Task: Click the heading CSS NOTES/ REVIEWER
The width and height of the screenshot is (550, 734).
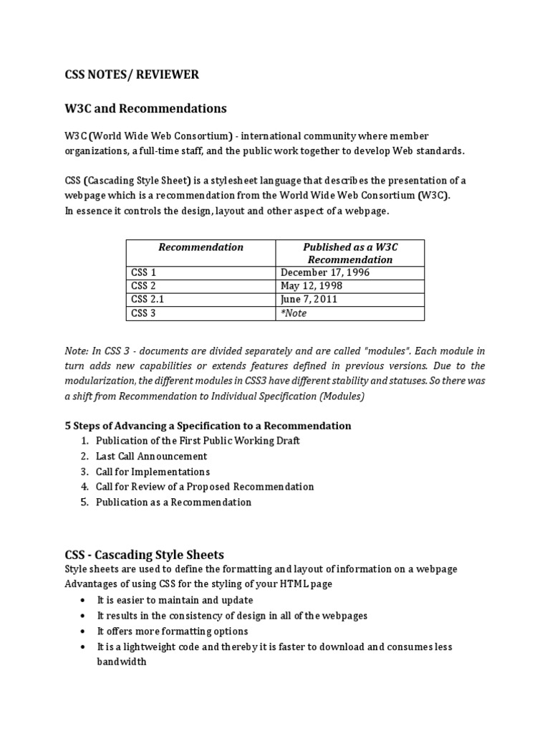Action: tap(132, 75)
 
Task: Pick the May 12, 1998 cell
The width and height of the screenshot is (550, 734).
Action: tap(312, 286)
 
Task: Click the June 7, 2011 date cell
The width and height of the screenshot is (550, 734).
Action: tap(309, 300)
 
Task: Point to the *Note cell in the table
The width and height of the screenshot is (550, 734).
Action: tap(294, 313)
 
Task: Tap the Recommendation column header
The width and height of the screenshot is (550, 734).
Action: tap(201, 247)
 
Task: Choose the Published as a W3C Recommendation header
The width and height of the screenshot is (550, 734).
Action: tap(349, 253)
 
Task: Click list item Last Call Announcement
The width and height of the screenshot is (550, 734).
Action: tap(151, 456)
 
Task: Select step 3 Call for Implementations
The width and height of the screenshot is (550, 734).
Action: tap(153, 472)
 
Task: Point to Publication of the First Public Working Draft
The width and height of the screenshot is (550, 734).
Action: tap(198, 440)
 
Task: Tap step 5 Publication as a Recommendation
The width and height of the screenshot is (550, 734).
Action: tap(173, 502)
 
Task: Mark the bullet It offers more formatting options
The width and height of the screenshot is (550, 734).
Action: tap(172, 631)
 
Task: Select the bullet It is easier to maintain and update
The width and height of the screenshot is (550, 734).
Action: tap(175, 600)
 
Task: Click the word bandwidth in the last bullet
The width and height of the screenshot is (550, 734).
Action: tap(122, 662)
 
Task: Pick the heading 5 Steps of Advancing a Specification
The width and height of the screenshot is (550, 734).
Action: tap(208, 426)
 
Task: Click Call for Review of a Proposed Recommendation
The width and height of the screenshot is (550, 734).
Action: tap(205, 487)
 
